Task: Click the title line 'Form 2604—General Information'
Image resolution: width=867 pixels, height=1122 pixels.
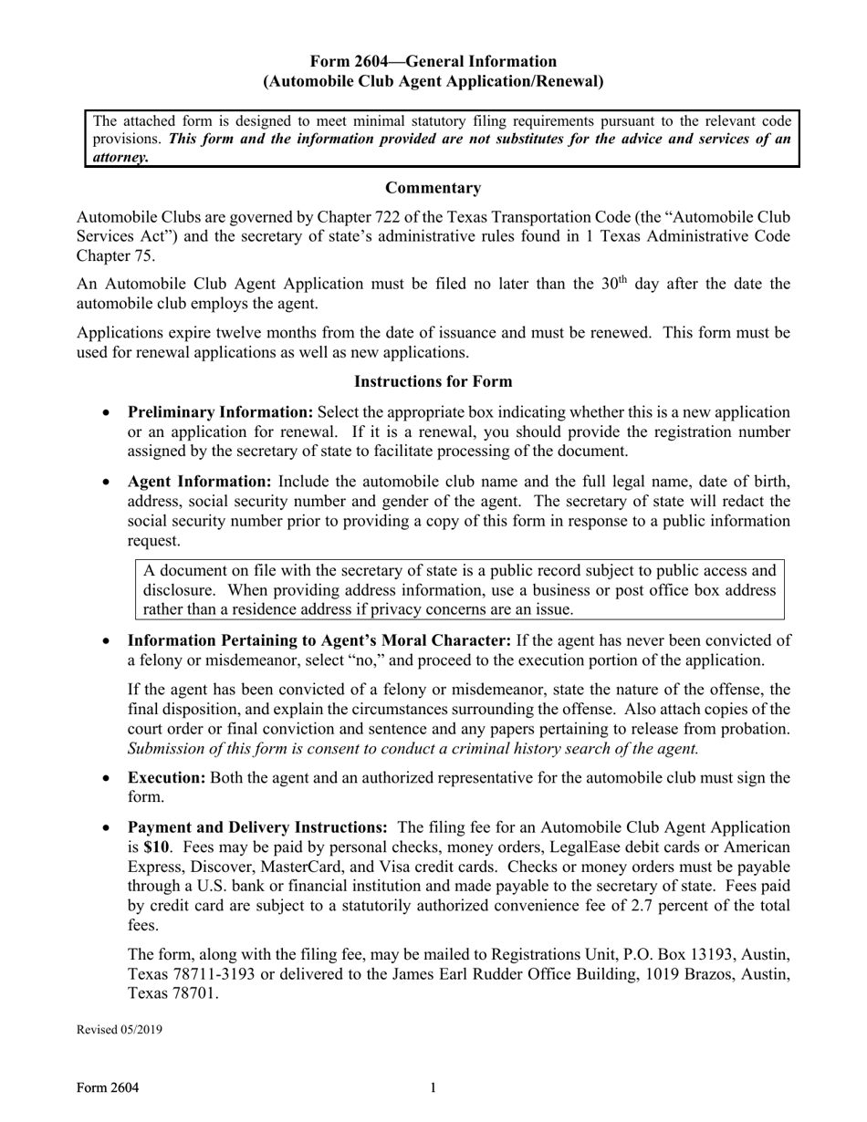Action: click(433, 61)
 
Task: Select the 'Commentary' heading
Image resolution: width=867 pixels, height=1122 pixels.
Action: click(433, 188)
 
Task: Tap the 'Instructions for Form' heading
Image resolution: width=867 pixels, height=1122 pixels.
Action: click(433, 381)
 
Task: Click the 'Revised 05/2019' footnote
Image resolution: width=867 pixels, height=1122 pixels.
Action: click(119, 1030)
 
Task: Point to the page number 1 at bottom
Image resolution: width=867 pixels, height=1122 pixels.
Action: click(433, 1087)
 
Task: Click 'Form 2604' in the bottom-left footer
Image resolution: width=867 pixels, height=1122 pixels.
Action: click(108, 1087)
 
